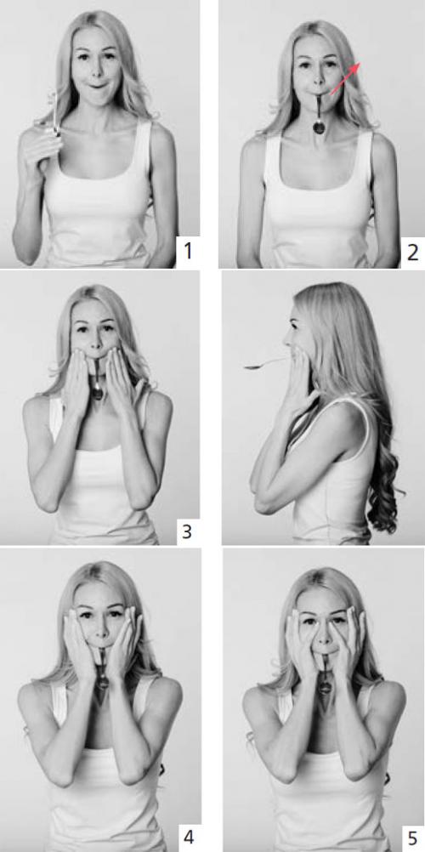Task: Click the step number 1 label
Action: click(x=188, y=252)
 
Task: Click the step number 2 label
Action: click(x=412, y=253)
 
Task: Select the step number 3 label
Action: click(x=186, y=531)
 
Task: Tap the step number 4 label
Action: click(x=188, y=837)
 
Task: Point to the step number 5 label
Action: click(x=413, y=836)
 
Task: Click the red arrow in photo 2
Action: click(x=345, y=78)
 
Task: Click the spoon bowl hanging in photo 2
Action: click(x=319, y=128)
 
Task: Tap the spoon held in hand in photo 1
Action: click(x=54, y=114)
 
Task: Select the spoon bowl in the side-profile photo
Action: click(x=252, y=366)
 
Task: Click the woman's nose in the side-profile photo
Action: click(x=286, y=341)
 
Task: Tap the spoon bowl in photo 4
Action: click(x=103, y=680)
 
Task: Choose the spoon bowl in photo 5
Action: click(x=325, y=687)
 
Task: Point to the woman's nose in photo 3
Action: click(x=95, y=344)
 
